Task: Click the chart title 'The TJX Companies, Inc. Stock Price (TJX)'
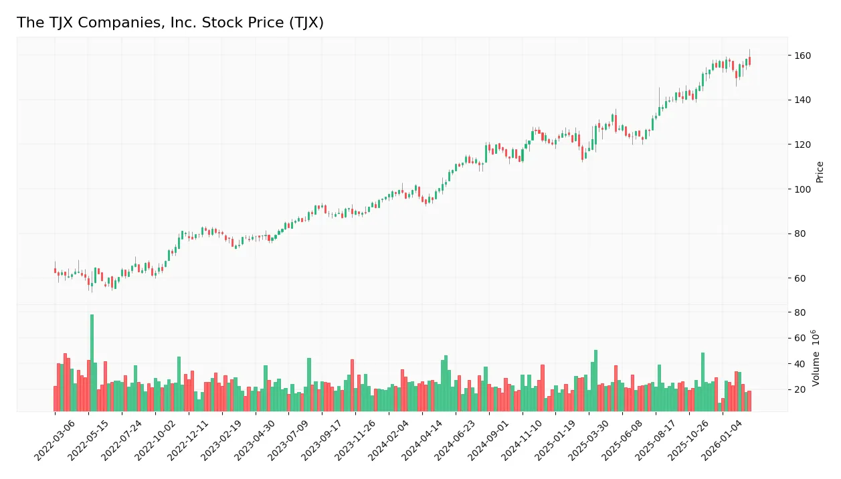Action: [170, 23]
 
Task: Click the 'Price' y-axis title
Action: [820, 172]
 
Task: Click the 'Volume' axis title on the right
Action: [816, 357]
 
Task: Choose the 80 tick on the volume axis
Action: [799, 312]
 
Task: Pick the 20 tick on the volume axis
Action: [799, 389]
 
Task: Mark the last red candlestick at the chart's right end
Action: [749, 61]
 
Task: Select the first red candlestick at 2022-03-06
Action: [55, 270]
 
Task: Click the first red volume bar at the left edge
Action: [55, 399]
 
